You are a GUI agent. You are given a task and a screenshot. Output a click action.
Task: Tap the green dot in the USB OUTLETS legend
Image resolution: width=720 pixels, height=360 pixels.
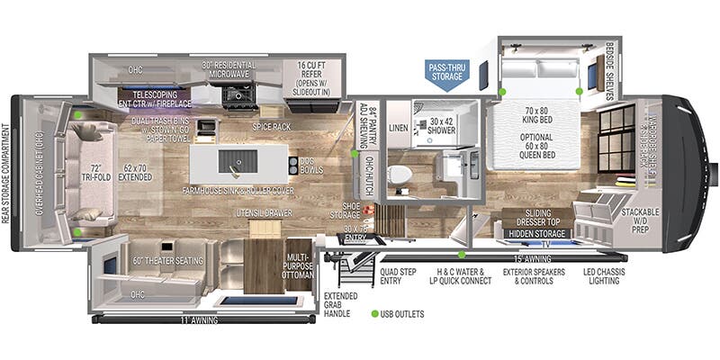click(x=374, y=314)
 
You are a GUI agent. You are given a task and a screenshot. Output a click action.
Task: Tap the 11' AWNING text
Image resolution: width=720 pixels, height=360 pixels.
click(x=202, y=319)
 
